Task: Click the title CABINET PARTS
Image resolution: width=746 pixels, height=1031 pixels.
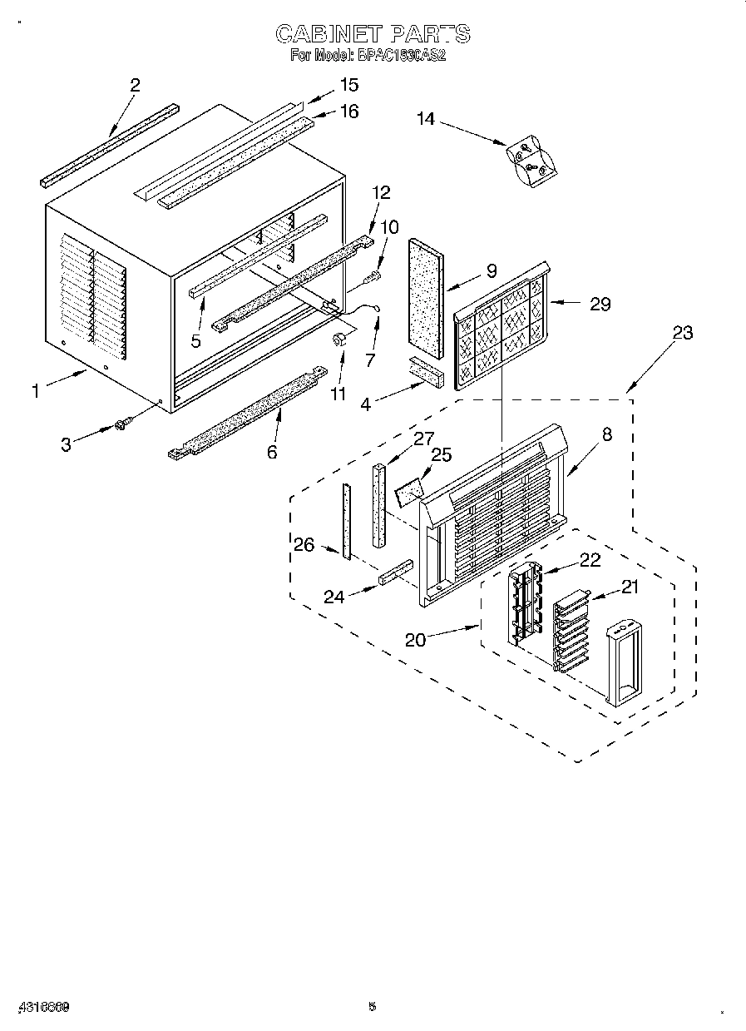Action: click(x=373, y=34)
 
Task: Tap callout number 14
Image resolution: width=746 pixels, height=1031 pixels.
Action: click(x=426, y=119)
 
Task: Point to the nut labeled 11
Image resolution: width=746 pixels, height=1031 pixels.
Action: click(x=339, y=339)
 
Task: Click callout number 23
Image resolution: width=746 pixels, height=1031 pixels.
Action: click(x=682, y=333)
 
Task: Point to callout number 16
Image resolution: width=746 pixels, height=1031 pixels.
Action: click(x=348, y=111)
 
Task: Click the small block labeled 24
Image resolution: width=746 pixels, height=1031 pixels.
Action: click(x=395, y=573)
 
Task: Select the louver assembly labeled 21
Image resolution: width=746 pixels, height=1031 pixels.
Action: click(x=570, y=628)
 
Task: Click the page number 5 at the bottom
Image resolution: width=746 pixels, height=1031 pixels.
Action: click(x=373, y=1007)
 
